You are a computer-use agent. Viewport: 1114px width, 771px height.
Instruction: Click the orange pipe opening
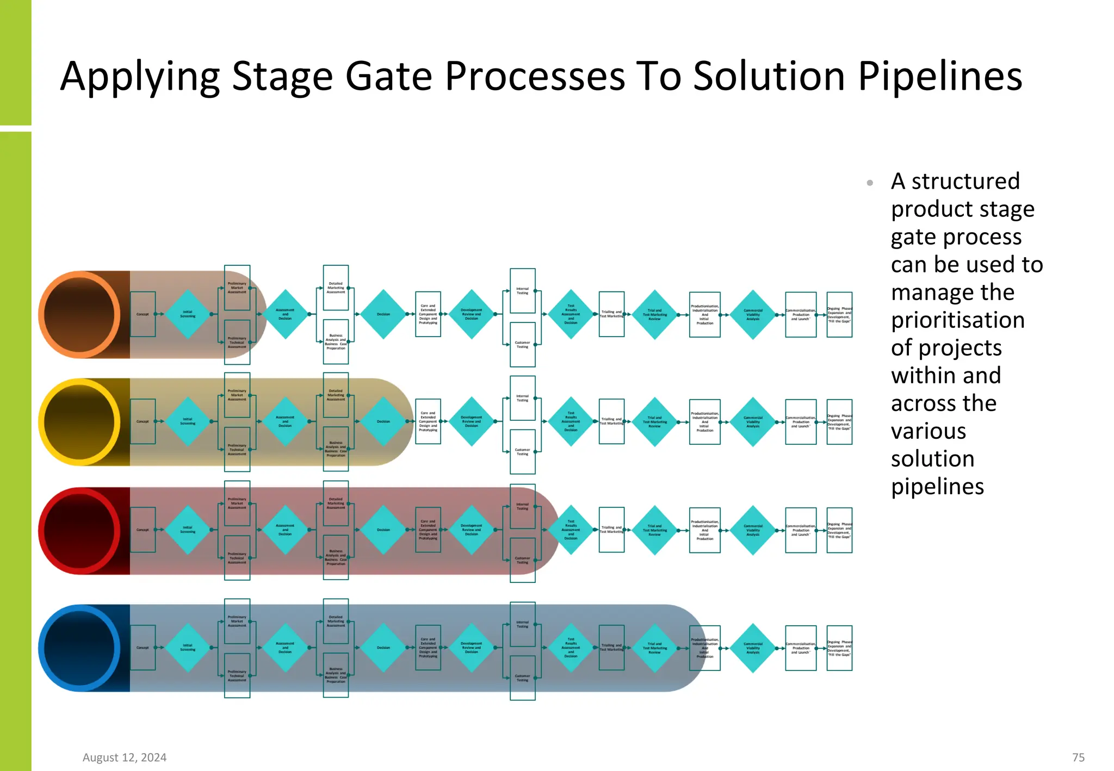79,315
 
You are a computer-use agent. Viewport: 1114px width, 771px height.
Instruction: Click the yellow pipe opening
79,422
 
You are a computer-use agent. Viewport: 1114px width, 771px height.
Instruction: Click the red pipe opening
79,531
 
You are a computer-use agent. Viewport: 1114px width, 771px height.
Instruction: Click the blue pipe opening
79,648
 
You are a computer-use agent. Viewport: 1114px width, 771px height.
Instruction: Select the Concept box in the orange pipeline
143,314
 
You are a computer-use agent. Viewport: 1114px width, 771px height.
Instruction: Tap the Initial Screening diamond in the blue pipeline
188,648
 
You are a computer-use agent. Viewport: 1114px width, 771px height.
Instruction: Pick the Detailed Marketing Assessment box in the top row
336,288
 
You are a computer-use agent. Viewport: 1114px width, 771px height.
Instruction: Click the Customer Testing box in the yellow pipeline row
522,452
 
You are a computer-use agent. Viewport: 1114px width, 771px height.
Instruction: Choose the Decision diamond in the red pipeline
383,530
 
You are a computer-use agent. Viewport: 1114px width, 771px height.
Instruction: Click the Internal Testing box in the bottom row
522,624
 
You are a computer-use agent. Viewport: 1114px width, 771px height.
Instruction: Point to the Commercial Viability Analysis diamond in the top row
753,315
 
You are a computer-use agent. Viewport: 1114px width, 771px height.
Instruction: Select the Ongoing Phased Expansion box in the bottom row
839,648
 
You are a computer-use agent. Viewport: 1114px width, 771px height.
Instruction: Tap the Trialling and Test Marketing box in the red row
611,530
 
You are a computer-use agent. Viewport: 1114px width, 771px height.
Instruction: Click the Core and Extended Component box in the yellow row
428,421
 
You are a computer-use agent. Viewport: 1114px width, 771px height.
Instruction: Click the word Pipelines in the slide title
940,76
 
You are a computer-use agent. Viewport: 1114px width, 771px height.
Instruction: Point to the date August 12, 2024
125,757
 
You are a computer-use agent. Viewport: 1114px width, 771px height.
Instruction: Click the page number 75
1078,757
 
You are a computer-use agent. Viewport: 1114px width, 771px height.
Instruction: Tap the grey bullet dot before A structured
870,183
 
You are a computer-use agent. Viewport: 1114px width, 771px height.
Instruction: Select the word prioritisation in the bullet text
957,320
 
